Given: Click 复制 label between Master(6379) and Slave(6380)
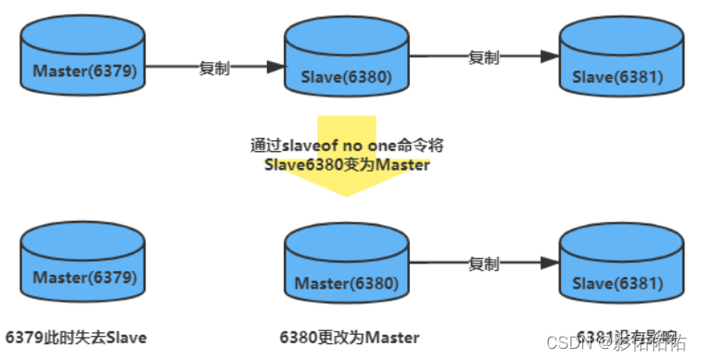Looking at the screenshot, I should tap(215, 68).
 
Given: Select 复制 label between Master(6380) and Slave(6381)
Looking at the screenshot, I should tap(482, 264).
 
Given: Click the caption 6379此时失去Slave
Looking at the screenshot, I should tap(76, 337).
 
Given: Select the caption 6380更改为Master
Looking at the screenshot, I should tap(350, 337).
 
